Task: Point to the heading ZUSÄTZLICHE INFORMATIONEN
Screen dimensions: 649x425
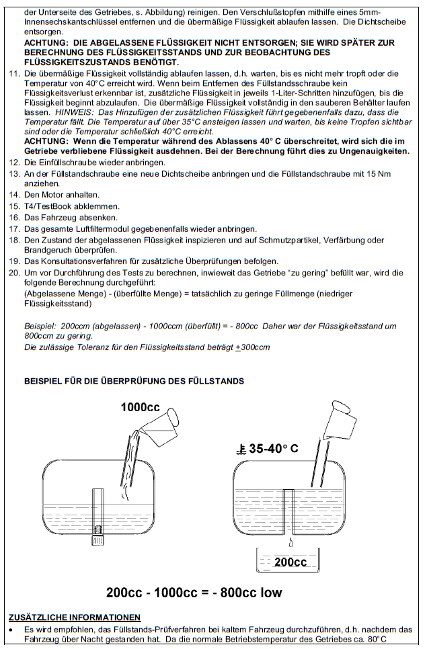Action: pos(75,617)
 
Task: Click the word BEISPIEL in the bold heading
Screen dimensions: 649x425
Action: pos(46,381)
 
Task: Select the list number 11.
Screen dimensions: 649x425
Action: pos(15,73)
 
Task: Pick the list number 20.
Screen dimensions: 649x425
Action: pos(15,272)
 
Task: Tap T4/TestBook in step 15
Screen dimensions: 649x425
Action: pos(47,206)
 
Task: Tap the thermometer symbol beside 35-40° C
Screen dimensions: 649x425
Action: pos(240,450)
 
